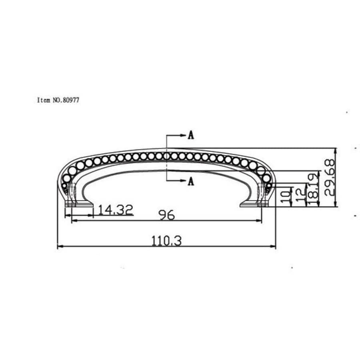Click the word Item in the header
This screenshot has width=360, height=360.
pos(44,100)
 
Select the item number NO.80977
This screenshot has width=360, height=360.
pos(66,100)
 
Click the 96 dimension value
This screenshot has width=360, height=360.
pos(166,216)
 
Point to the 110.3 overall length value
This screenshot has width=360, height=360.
pos(166,241)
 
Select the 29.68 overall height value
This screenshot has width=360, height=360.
pos(329,177)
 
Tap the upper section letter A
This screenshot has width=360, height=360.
pos(191,135)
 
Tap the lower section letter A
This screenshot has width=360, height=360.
pos(191,182)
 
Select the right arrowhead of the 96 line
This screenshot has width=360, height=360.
pos(260,220)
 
